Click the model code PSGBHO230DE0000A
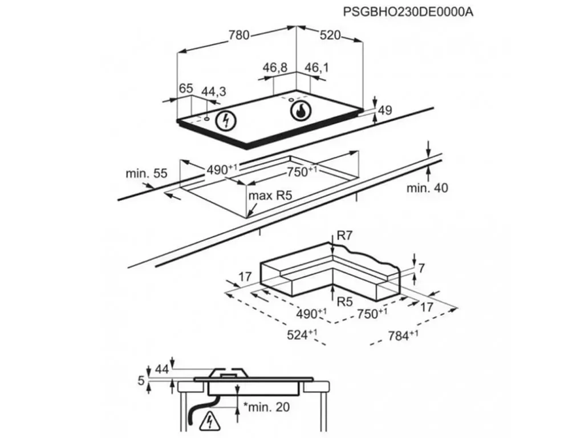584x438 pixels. tap(408, 12)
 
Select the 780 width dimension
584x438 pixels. tap(239, 35)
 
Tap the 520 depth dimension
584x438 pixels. tap(330, 35)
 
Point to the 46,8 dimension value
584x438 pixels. tap(275, 68)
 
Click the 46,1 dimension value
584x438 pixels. tap(317, 68)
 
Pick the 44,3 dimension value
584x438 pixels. tap(214, 92)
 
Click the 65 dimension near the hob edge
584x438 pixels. tap(186, 88)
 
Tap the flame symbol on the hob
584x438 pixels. tap(300, 111)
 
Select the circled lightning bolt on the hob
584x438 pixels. tap(226, 120)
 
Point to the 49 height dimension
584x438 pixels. tap(385, 110)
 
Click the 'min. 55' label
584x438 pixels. tap(147, 173)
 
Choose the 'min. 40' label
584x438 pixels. tap(427, 188)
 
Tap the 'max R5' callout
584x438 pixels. tap(270, 196)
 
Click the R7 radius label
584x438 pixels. tap(344, 236)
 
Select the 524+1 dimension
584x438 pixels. tap(302, 334)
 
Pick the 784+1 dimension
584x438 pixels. tap(403, 335)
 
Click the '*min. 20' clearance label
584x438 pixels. tap(266, 407)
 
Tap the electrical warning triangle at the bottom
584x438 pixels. tap(210, 423)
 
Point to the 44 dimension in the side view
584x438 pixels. tap(161, 369)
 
